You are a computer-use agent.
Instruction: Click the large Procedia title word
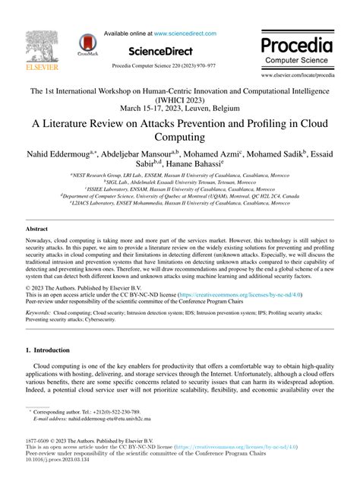pos(296,44)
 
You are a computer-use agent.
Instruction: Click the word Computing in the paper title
pos(179,138)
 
